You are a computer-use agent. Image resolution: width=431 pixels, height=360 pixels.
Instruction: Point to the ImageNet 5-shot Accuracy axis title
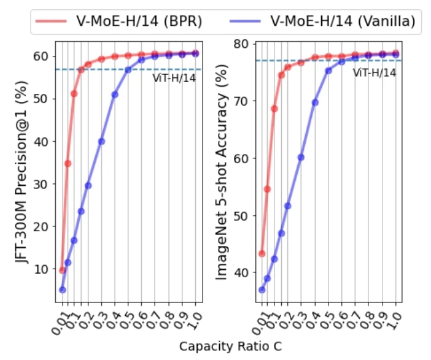[x=222, y=172]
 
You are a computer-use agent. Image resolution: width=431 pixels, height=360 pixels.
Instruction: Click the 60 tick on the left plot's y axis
[x=41, y=56]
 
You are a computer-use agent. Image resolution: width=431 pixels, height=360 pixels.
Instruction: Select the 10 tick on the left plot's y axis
[x=41, y=269]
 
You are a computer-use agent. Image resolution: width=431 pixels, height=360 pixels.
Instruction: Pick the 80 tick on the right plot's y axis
[x=241, y=44]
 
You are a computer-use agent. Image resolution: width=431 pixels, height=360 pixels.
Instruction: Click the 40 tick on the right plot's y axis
[x=241, y=272]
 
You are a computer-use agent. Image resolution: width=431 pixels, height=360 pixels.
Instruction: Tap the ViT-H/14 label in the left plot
[x=174, y=77]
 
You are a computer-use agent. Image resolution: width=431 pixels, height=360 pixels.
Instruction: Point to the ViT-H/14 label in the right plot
[x=374, y=72]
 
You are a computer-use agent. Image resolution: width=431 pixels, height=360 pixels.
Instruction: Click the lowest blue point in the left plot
[x=62, y=289]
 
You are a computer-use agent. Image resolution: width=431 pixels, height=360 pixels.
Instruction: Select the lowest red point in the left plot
[x=62, y=270]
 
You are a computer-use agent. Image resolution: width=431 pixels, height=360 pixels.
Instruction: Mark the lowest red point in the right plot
[x=262, y=253]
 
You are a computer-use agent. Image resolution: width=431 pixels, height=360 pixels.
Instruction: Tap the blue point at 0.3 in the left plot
[x=101, y=141]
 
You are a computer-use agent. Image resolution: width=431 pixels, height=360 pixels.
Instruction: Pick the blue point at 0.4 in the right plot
[x=315, y=102]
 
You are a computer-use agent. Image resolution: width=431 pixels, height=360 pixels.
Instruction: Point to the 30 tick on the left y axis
[x=41, y=183]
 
